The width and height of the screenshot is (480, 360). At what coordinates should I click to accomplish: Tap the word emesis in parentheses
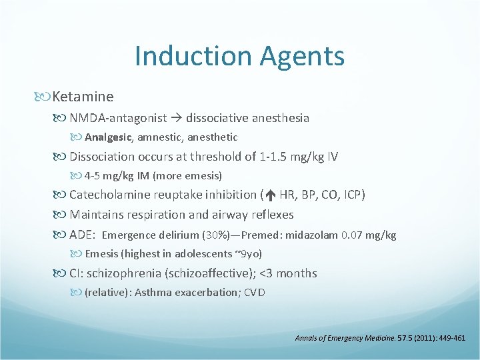[204, 176]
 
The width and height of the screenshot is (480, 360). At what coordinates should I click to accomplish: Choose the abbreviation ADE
[82, 235]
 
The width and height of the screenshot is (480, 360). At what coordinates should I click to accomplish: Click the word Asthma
[151, 292]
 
